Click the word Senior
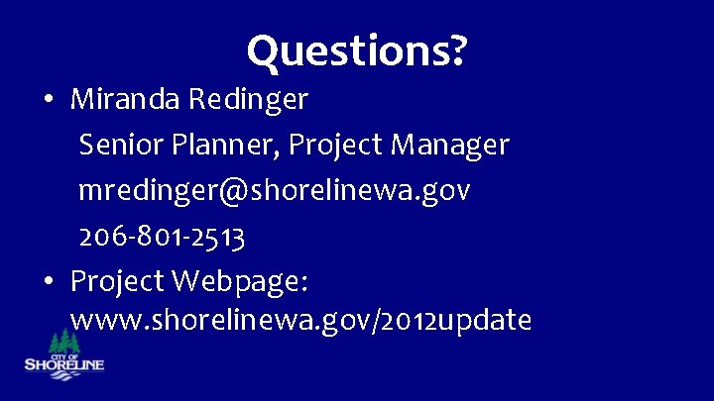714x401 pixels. [x=121, y=145]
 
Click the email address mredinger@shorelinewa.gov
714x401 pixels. [x=275, y=190]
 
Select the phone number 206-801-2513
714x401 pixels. [x=163, y=236]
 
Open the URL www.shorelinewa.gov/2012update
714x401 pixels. [x=301, y=321]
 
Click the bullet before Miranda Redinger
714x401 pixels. [x=48, y=100]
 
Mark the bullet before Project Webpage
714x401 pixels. [x=48, y=282]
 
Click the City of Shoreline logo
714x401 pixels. [x=63, y=351]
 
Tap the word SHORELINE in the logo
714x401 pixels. [x=63, y=364]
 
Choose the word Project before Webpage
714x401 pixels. [x=117, y=281]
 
